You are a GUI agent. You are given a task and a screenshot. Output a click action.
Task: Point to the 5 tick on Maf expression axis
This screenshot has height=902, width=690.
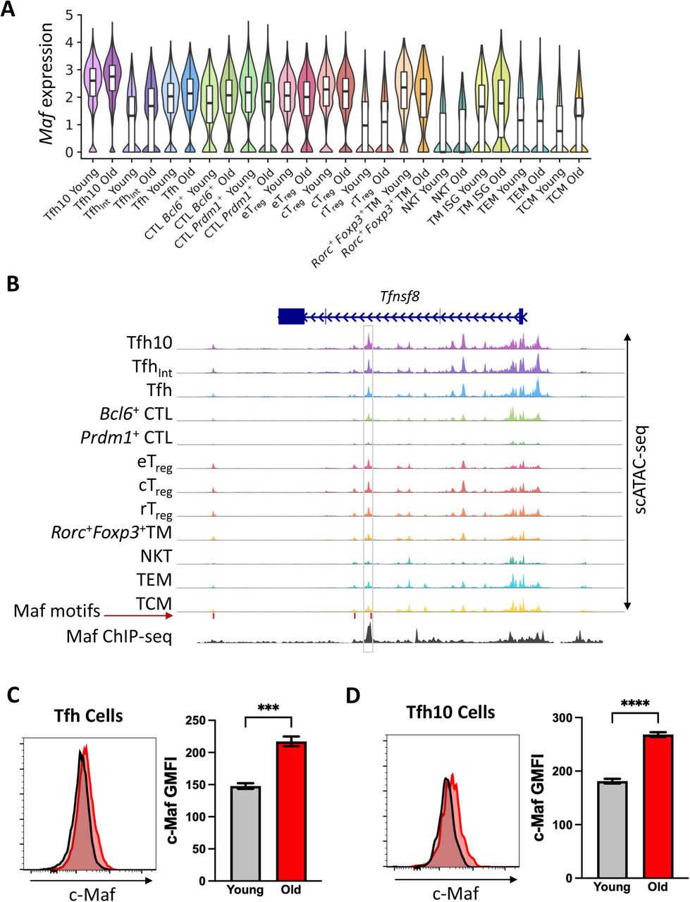click(69, 15)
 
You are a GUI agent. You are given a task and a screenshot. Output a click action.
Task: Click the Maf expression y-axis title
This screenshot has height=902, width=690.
click(47, 83)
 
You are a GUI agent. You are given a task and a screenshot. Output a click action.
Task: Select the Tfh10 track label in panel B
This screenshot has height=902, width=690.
click(150, 342)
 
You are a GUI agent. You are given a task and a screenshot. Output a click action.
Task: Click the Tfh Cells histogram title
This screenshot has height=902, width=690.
click(88, 715)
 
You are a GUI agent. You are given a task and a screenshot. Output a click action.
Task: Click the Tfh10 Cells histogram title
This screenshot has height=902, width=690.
click(452, 712)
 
